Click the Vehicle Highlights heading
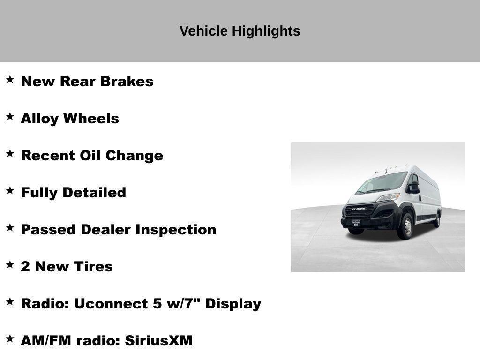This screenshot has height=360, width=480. click(x=240, y=31)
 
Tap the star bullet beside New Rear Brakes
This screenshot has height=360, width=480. click(x=10, y=79)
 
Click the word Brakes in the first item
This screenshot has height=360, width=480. click(x=127, y=82)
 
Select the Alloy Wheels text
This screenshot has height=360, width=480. click(x=70, y=119)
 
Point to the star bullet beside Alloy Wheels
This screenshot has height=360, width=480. click(x=10, y=116)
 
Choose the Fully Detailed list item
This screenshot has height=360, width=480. click(x=73, y=193)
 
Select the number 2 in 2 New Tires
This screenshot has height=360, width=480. click(x=25, y=267)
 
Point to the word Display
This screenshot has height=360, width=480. click(x=233, y=304)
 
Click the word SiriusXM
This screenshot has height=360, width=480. click(x=158, y=341)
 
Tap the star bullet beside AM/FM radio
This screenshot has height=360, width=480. click(x=10, y=338)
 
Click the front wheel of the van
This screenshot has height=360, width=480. click(x=406, y=226)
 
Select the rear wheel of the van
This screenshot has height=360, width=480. click(x=437, y=219)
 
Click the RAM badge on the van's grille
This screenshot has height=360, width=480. click(x=358, y=209)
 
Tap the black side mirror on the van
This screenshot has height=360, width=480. click(x=413, y=187)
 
